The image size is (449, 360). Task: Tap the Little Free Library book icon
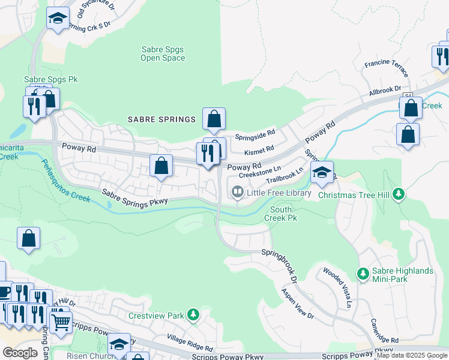pos(238,193)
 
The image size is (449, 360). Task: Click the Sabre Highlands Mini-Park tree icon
pos(363,274)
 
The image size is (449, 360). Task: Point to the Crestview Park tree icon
pos(193,314)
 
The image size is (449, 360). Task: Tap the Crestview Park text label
pos(156,316)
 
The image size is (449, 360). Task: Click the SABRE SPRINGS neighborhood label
pos(161,119)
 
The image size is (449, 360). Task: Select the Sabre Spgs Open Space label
pos(163,54)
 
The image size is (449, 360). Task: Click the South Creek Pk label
pos(280,214)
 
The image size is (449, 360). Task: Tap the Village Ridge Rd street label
pos(190,344)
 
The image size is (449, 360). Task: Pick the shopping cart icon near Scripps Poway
pos(61,322)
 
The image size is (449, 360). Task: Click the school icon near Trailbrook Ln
pos(322,173)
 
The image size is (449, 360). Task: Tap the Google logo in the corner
pos(20,353)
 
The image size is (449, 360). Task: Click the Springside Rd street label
pos(255,133)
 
